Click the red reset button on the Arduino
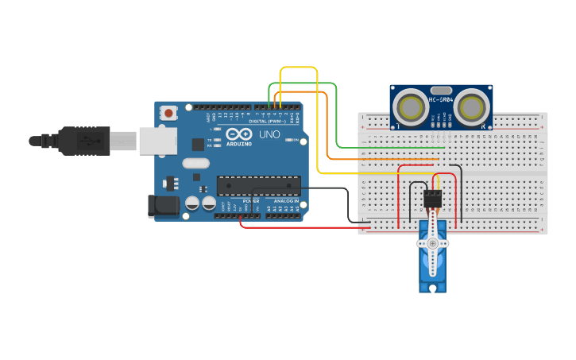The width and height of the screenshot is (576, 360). tap(169, 114)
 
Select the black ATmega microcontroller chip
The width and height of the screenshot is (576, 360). tap(259, 186)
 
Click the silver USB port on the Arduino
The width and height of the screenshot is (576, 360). tap(157, 141)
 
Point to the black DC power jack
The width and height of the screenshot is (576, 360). tap(164, 207)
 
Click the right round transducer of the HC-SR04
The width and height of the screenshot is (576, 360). tap(473, 106)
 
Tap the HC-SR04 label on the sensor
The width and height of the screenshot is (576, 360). tap(443, 99)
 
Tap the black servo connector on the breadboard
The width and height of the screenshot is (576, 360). tap(433, 198)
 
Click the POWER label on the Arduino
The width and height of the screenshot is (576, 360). tap(251, 201)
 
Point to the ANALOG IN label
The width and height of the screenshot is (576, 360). tap(287, 201)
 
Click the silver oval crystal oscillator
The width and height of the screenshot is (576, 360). tap(195, 164)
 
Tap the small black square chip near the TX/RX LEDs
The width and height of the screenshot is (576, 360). tap(198, 145)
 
